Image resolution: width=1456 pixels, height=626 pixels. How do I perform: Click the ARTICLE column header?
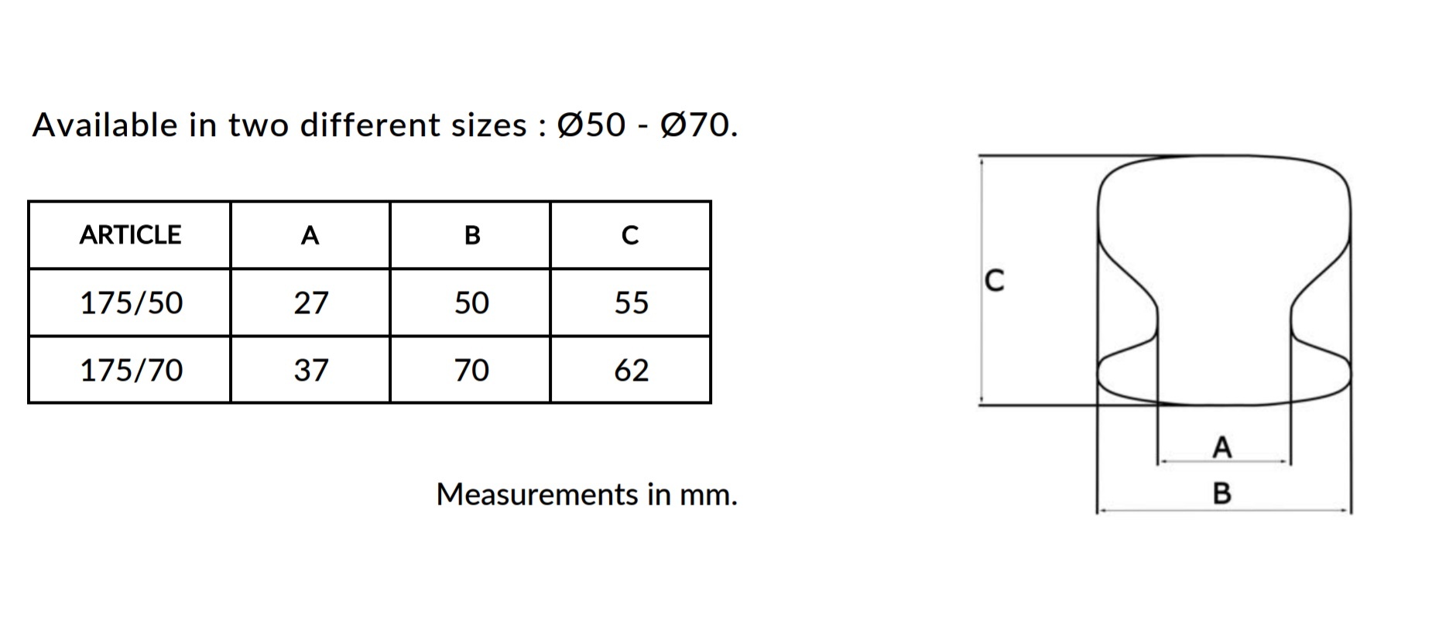point(130,234)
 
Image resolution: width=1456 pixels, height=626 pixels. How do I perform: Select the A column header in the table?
point(310,234)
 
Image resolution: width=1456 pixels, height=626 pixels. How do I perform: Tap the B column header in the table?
point(471,234)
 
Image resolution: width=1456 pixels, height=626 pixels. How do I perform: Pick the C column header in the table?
point(630,234)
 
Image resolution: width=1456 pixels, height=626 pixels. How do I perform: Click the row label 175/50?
point(131,303)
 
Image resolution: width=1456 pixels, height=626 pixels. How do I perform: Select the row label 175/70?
point(131,370)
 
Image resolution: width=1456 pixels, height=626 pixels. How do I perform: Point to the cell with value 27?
point(310,303)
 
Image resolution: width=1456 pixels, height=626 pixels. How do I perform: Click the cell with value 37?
point(310,370)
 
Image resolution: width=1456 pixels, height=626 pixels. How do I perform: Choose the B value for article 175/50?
point(471,303)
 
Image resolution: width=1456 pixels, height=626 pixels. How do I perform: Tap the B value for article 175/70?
point(471,370)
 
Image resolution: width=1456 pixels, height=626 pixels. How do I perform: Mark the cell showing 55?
point(631,303)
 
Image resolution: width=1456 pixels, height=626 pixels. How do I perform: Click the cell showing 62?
point(631,370)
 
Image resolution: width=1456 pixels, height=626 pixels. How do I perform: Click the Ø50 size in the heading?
point(591,125)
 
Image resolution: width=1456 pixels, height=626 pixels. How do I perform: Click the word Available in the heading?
point(104,125)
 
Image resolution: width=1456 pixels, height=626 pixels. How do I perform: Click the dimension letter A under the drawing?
point(1221,447)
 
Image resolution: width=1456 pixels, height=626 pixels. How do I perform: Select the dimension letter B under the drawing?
point(1221,493)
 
